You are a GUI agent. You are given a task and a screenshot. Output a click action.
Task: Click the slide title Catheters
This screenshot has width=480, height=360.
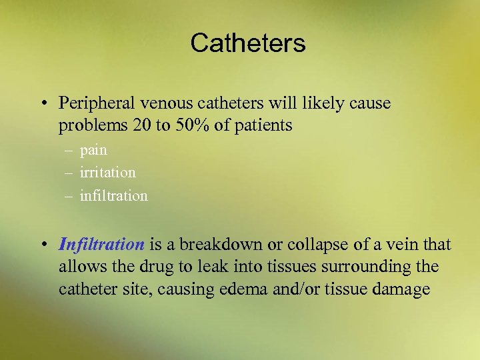pyautogui.click(x=247, y=43)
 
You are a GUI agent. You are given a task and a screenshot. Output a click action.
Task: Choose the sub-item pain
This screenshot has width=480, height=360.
pyautogui.click(x=93, y=151)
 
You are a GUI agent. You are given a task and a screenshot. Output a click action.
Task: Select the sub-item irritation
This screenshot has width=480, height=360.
pyautogui.click(x=107, y=173)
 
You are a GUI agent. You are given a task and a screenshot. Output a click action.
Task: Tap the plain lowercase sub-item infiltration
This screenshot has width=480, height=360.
pyautogui.click(x=113, y=196)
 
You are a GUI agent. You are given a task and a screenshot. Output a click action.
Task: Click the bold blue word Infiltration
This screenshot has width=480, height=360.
pyautogui.click(x=101, y=245)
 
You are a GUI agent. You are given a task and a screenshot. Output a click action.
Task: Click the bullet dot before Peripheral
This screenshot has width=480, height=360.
pyautogui.click(x=42, y=105)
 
